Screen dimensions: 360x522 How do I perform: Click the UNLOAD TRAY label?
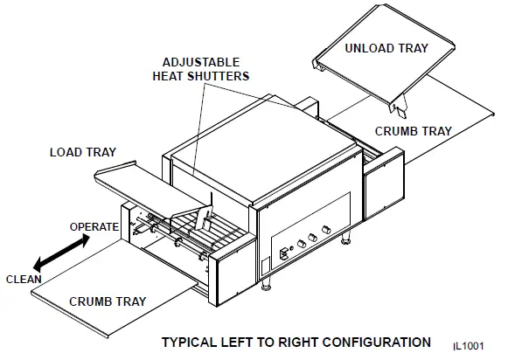[386, 48]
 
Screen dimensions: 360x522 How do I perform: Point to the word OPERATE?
[94, 227]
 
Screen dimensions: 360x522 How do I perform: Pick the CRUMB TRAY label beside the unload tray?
[413, 131]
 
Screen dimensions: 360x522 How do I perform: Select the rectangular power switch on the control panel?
[284, 255]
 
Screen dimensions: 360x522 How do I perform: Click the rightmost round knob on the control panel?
[326, 229]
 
